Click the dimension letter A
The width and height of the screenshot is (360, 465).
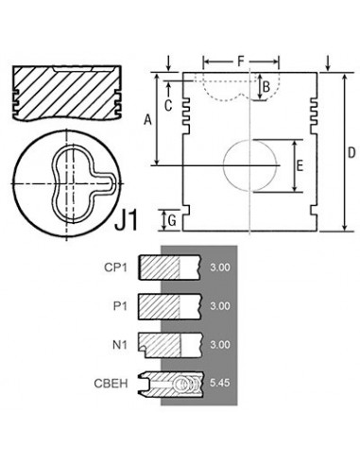tap(146, 120)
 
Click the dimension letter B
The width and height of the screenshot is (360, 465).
tap(267, 87)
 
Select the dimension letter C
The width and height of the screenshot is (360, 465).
tap(167, 106)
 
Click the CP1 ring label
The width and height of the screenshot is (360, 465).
tap(117, 268)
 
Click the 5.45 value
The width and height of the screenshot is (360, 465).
tap(219, 385)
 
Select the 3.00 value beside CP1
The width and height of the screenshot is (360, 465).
tap(219, 268)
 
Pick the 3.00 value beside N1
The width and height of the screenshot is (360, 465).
tap(219, 344)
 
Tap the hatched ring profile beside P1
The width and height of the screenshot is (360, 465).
tap(167, 306)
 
